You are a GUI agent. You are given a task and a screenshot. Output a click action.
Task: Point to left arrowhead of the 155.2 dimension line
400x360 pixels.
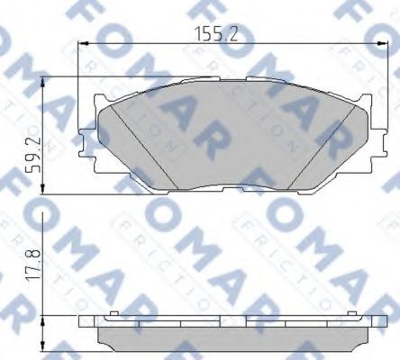[x=85, y=46]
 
